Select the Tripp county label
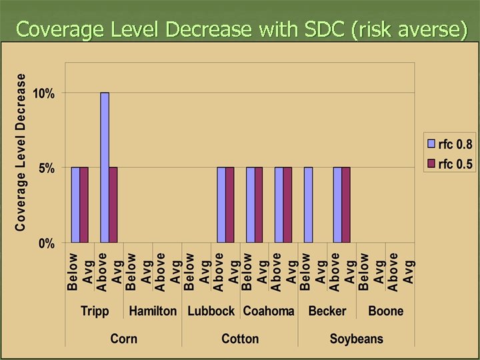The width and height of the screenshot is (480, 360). pos(95,311)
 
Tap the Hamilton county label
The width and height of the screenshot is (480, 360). pos(153,311)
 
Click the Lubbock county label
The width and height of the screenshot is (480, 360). pos(211,311)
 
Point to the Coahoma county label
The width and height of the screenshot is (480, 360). pos(269,311)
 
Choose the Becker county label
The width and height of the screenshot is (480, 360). pos(327,311)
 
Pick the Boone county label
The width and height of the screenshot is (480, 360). pos(385,311)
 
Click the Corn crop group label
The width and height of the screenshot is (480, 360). pos(123,339)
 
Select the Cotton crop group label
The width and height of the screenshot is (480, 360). pos(240,339)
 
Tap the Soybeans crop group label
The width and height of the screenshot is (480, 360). pos(357,339)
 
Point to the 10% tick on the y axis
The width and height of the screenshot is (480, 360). pos(45,93)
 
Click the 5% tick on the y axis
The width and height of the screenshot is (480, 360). pos(47,168)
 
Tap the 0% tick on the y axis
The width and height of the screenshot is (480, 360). pos(47,243)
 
